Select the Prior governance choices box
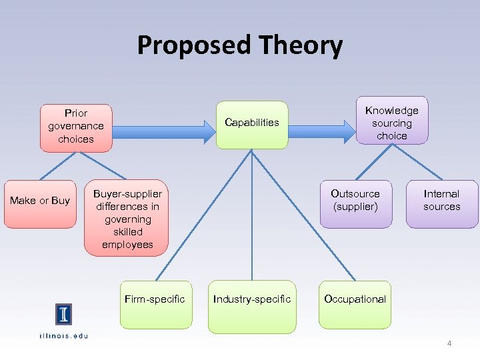[75, 127]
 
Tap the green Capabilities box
[252, 123]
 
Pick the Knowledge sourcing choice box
[391, 122]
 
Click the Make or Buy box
[40, 201]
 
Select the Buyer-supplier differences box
[127, 219]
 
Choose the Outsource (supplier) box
[355, 201]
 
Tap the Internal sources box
[441, 201]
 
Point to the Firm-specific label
[155, 299]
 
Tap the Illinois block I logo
[63, 314]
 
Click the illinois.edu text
[63, 335]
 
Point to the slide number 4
[449, 343]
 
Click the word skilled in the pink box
[127, 232]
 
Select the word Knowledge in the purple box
[391, 111]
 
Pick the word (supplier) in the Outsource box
[355, 207]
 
